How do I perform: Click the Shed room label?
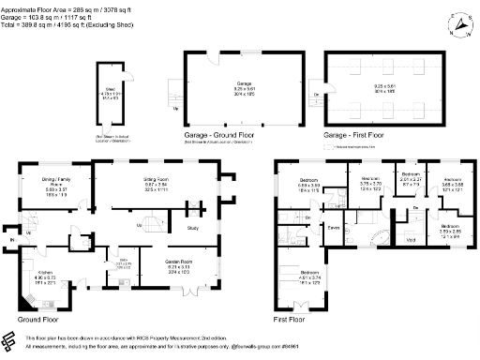(110, 93)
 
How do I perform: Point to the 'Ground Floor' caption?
(39, 319)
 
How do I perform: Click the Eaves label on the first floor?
(333, 227)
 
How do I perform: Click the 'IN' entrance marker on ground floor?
(10, 239)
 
